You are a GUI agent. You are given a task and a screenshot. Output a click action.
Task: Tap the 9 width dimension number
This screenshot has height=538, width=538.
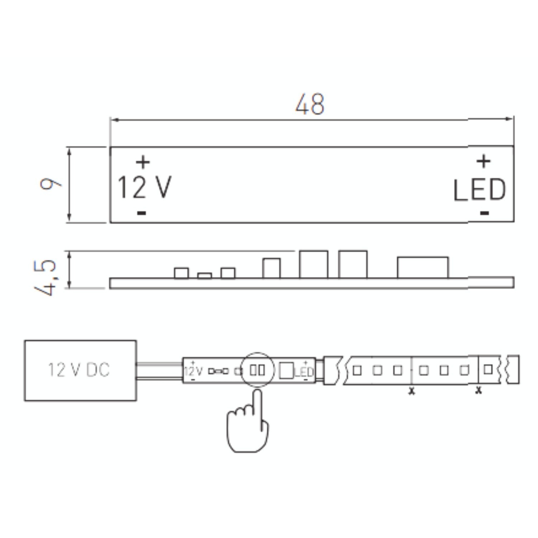point(50,184)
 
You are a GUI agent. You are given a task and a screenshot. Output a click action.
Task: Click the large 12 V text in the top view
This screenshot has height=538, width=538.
point(145,187)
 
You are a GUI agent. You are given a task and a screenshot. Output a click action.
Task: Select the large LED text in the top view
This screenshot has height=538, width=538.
point(480,190)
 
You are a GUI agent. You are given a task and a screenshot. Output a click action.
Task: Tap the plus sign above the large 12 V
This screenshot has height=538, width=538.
point(143,162)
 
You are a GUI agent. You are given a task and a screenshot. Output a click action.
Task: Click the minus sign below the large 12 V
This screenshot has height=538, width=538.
point(142,213)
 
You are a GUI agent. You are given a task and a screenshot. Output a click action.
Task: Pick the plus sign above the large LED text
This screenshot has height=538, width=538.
point(483,161)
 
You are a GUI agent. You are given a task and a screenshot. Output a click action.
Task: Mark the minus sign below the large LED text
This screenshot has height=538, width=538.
point(484,213)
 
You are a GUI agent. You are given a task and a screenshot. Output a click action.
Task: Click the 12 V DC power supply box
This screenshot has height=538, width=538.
point(80,370)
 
